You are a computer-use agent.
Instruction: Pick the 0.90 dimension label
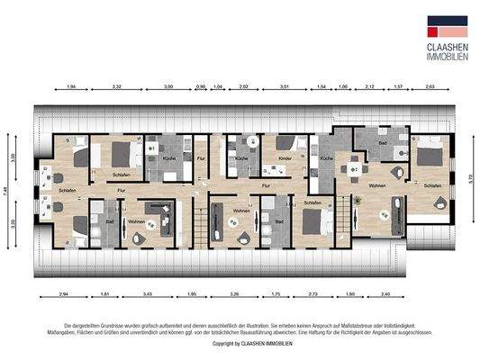click(x=200, y=87)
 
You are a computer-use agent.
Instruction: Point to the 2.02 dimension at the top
click(x=242, y=87)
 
